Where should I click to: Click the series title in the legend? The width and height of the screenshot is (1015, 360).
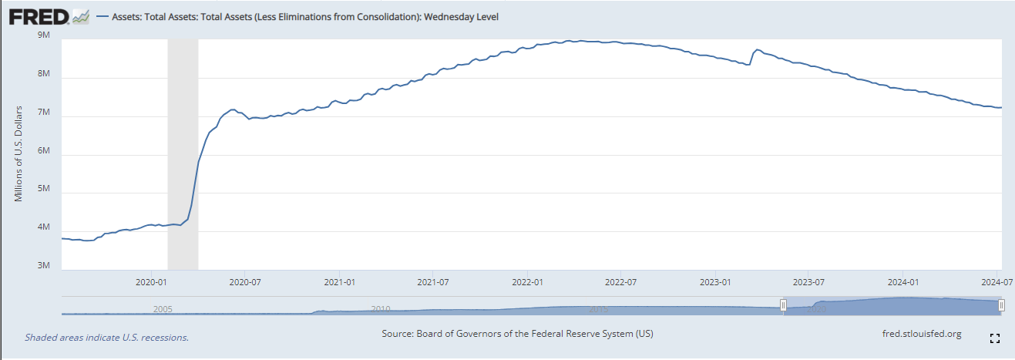click(304, 16)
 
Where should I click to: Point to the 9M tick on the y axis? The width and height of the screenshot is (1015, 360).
click(44, 35)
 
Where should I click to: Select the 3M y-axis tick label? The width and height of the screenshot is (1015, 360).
click(44, 266)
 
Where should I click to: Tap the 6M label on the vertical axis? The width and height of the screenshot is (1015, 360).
click(44, 151)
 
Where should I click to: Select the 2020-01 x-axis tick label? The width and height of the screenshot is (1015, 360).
click(153, 282)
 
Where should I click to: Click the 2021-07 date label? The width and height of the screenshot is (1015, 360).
click(433, 282)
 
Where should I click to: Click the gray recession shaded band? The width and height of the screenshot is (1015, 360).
click(183, 154)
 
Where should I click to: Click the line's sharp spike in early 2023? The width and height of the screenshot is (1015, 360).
click(757, 50)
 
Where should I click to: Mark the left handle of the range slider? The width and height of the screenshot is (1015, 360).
click(784, 306)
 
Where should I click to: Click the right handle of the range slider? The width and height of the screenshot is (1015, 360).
click(1001, 306)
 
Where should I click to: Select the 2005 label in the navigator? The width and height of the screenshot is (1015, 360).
click(162, 308)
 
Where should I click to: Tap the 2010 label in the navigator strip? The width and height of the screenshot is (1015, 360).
click(380, 308)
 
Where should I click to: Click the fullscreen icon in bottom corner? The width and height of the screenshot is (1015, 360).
click(994, 338)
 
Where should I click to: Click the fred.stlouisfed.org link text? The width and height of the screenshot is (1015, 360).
click(921, 334)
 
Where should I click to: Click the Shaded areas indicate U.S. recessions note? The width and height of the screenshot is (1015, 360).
click(106, 337)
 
